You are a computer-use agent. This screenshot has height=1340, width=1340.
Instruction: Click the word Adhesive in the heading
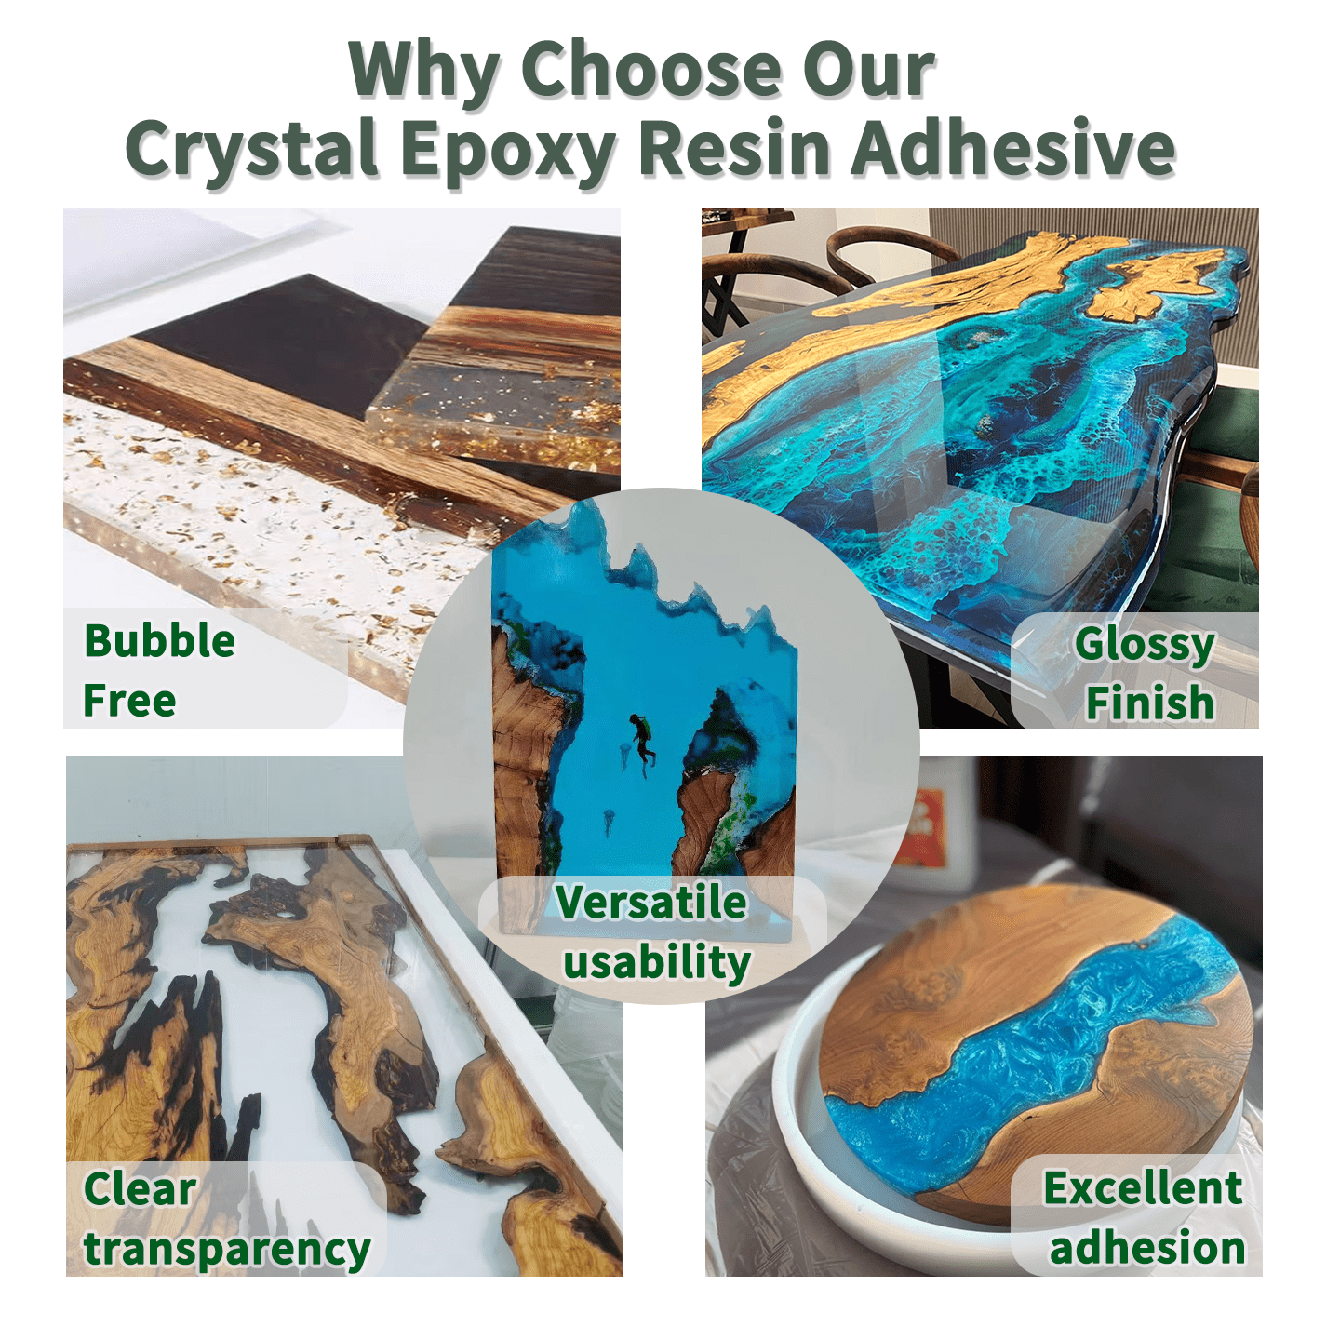(x=1014, y=146)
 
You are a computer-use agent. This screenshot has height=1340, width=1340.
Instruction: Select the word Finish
(x=1149, y=703)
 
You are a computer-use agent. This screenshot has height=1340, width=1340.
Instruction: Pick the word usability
(x=657, y=964)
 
